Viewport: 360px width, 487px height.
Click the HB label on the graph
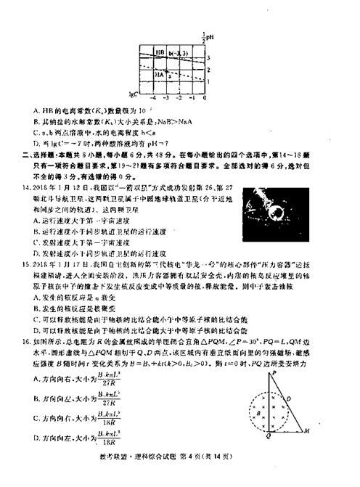(160, 52)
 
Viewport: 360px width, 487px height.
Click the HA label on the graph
(160, 73)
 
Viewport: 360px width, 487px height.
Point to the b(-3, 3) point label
(178, 52)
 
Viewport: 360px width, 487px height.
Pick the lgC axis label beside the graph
(133, 94)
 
